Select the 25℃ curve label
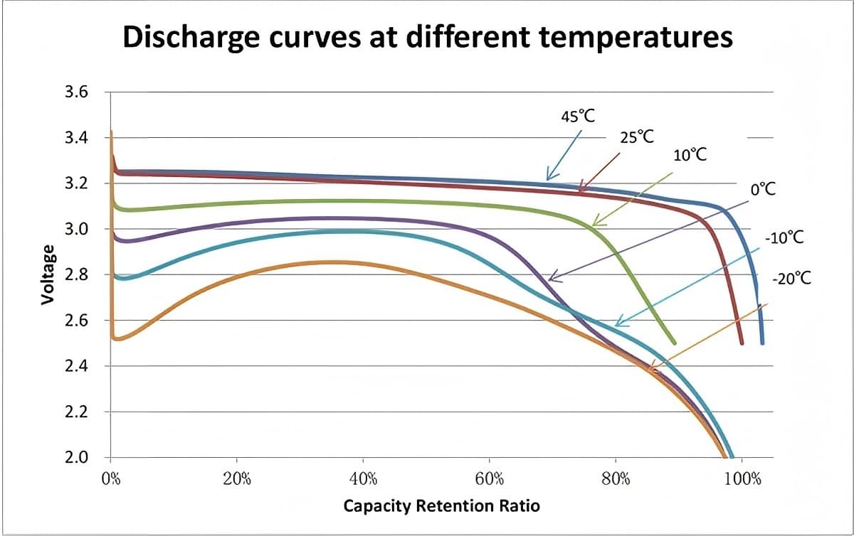pyautogui.click(x=636, y=136)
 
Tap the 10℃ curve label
pyautogui.click(x=689, y=155)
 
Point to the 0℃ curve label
pyautogui.click(x=763, y=190)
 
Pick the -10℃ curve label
pyautogui.click(x=784, y=237)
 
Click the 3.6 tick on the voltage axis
pyautogui.click(x=75, y=92)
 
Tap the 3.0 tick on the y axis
pyautogui.click(x=75, y=230)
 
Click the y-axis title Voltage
pyautogui.click(x=48, y=274)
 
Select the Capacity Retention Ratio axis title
pyautogui.click(x=441, y=506)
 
